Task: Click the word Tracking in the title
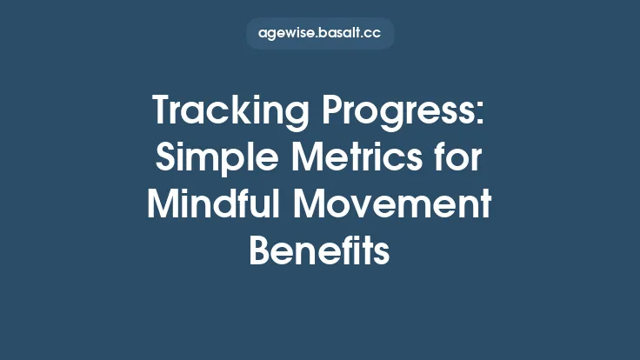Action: click(x=224, y=113)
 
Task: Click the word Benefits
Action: click(x=319, y=252)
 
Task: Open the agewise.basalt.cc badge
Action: click(x=320, y=34)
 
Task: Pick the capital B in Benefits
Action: click(x=260, y=252)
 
